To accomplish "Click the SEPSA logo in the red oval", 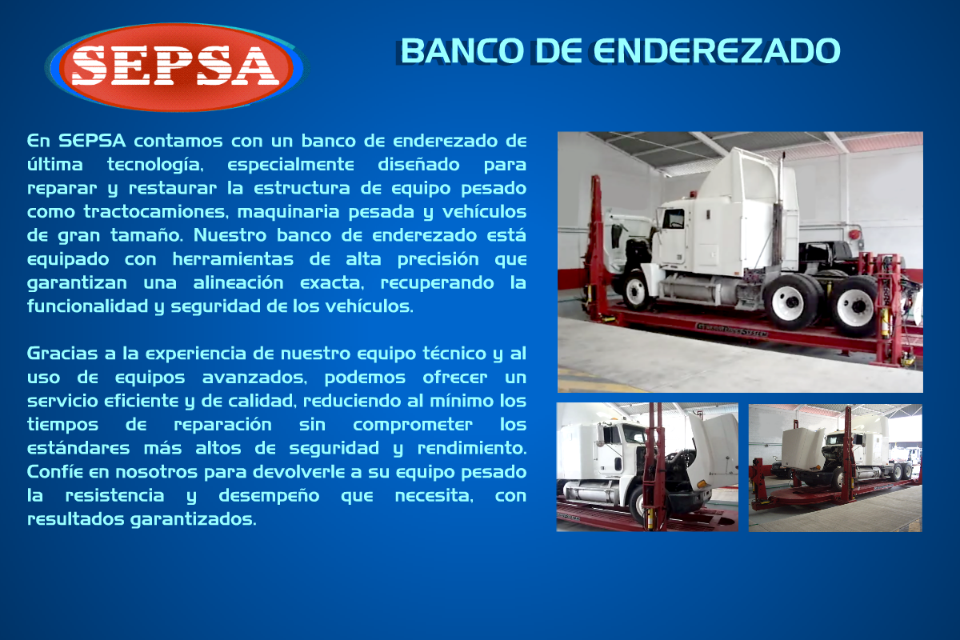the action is (x=177, y=67).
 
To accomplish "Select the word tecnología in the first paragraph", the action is (x=155, y=165).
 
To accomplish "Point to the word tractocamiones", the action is (x=155, y=212).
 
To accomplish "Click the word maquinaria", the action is (x=288, y=212).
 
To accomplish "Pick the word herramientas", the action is (x=233, y=259).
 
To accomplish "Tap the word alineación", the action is (x=238, y=282).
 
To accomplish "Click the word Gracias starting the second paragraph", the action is (x=62, y=354).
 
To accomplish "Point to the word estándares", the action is (x=78, y=448).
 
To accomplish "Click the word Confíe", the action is (x=55, y=472).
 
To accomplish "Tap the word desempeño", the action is (x=269, y=496).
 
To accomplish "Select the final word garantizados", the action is (x=193, y=519).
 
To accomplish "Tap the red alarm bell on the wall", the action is (x=854, y=234).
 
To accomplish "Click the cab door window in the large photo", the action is (x=674, y=218).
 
